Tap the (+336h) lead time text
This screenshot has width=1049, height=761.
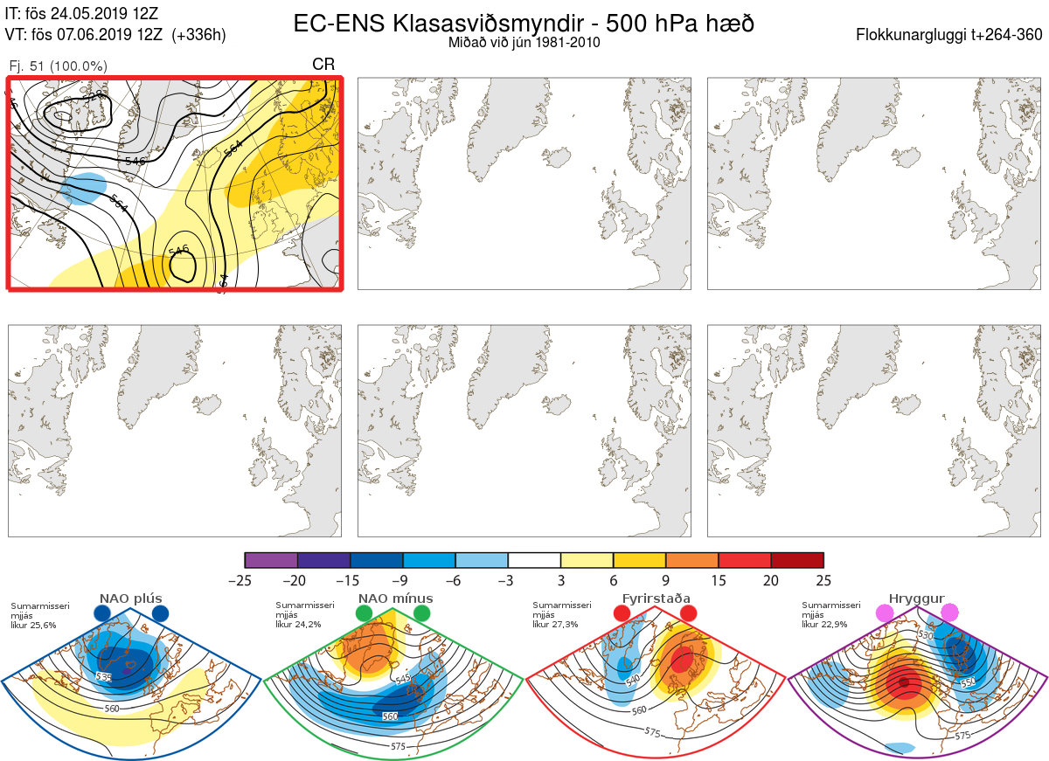(x=199, y=35)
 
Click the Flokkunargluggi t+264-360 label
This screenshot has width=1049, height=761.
(x=951, y=35)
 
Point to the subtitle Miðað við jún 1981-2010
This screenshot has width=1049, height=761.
(x=524, y=43)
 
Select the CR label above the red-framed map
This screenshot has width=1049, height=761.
(x=323, y=65)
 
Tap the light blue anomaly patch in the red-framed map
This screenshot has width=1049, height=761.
(x=85, y=186)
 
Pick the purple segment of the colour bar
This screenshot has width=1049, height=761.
(x=271, y=560)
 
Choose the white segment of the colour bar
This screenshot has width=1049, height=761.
(x=534, y=560)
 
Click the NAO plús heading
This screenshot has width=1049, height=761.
(x=131, y=598)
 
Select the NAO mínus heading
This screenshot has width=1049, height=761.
(x=394, y=598)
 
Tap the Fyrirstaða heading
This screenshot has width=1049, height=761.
(x=655, y=598)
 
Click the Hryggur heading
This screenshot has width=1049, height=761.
(x=916, y=598)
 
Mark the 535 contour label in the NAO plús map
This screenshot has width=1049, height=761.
(x=103, y=676)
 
